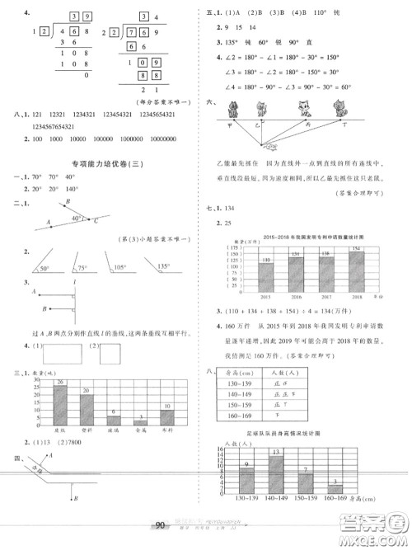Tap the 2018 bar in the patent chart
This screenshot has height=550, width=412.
pos(355,268)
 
